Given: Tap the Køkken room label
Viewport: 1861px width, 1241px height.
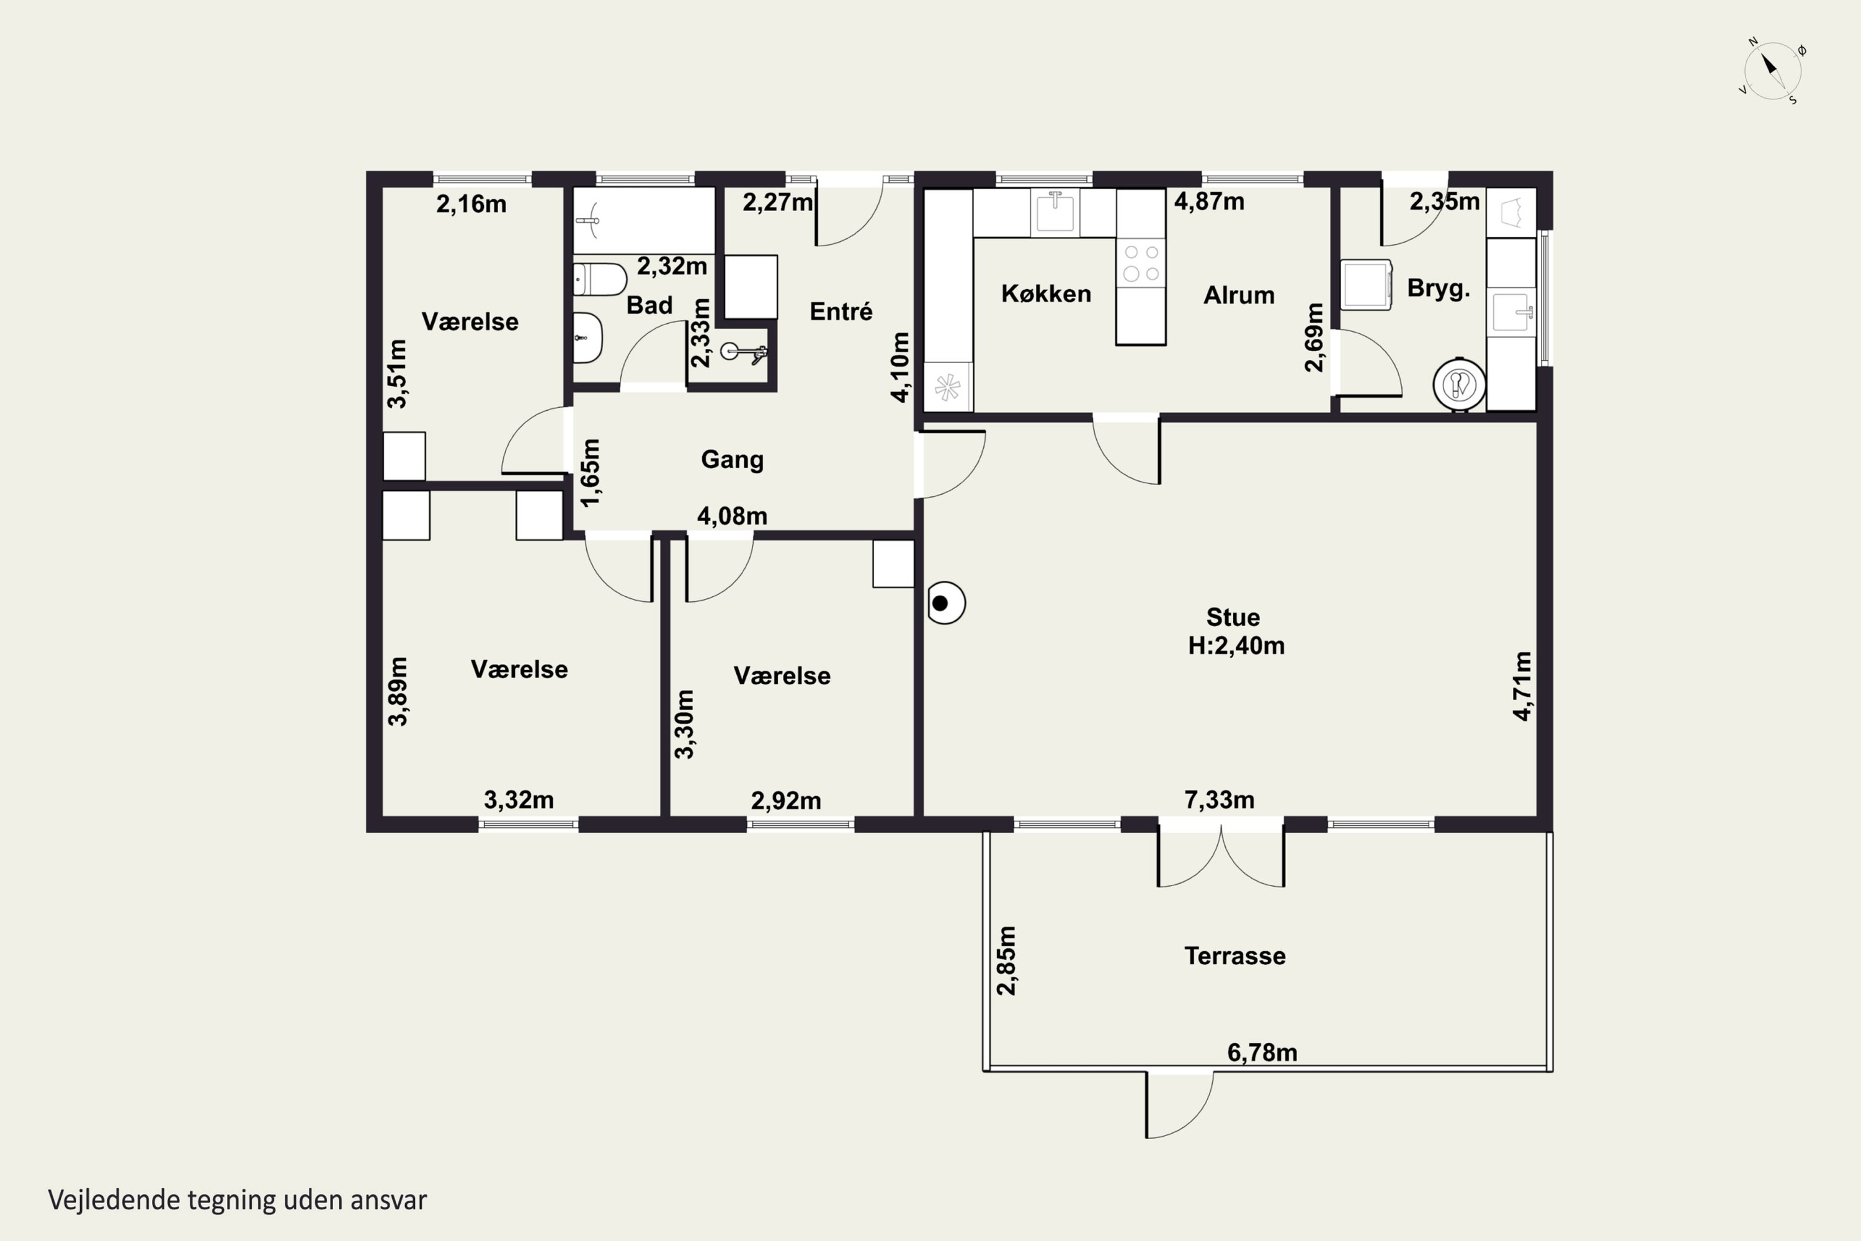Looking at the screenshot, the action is [x=1046, y=293].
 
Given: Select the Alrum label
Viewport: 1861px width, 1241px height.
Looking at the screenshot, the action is [x=1239, y=295].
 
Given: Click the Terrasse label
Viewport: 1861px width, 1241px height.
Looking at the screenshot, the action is [x=1234, y=956].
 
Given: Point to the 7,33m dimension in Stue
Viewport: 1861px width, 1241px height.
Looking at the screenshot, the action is [x=1220, y=800].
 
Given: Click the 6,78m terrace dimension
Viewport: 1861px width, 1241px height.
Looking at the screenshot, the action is [x=1262, y=1052].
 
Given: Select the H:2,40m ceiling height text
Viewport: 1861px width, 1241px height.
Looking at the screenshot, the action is [x=1236, y=646].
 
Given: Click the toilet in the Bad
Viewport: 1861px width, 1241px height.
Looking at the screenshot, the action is [x=600, y=279].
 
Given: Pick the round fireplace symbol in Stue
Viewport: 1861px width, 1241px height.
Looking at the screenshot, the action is [x=945, y=603].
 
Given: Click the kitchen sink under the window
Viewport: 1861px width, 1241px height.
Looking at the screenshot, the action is [x=1055, y=212].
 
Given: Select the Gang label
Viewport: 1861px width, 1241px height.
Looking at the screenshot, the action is [x=732, y=460].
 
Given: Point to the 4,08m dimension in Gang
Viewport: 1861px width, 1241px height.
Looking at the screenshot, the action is [x=732, y=516].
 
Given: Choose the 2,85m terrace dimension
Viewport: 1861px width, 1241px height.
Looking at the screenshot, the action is [x=1006, y=961].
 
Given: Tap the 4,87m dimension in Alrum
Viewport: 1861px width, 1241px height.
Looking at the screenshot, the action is [x=1209, y=202].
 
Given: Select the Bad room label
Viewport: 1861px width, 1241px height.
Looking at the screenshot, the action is [x=649, y=305].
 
